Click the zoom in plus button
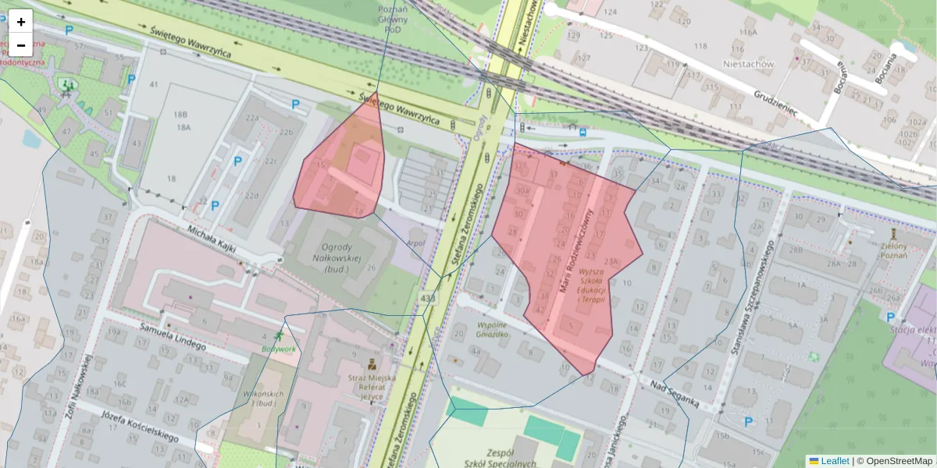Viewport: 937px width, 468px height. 21,22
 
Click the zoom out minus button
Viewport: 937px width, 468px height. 21,44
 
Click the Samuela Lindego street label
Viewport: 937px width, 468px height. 172,338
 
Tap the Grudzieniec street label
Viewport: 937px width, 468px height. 775,101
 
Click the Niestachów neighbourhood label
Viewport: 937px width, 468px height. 748,64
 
